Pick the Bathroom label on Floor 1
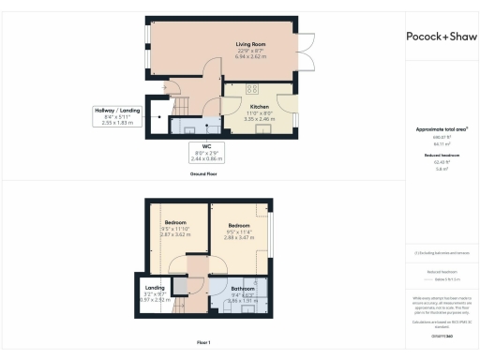(244, 290)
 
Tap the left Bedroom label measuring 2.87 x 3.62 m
(175, 222)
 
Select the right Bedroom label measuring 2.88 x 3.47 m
(240, 226)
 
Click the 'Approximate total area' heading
(440, 128)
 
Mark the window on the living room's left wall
(147, 38)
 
